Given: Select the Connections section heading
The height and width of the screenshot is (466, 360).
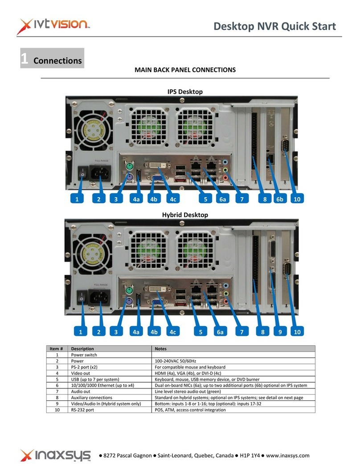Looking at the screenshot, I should tap(57, 61).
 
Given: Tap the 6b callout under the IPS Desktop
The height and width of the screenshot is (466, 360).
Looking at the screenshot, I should tap(279, 199).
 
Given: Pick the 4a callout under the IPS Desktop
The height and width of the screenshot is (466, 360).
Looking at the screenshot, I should tap(135, 199).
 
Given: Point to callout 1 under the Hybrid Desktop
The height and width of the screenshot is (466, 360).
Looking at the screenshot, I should tap(80, 331).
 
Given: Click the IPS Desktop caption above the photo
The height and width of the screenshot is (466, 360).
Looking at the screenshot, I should tap(184, 91).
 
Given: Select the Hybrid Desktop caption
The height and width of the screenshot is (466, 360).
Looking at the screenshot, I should tap(184, 214).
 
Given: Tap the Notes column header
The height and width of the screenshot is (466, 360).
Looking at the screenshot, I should tap(160, 349).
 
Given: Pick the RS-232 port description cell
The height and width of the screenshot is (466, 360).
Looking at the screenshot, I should tap(83, 410).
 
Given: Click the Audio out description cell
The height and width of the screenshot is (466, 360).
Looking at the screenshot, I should tap(81, 392).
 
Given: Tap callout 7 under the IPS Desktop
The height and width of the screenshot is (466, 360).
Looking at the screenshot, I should tap(241, 199).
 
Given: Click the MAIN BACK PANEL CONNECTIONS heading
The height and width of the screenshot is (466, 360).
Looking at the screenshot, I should tap(185, 70).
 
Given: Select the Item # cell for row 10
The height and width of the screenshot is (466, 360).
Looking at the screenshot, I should tap(57, 410).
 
